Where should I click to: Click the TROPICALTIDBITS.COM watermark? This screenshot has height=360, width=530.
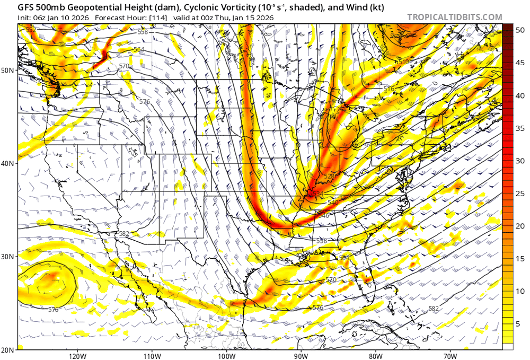coord(454,17)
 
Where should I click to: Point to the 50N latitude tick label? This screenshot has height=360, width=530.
coord(8,70)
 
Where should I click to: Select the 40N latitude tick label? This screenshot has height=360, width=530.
coord(8,163)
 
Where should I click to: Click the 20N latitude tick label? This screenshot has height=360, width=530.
coord(8,349)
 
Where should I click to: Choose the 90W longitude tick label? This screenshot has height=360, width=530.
coord(301,355)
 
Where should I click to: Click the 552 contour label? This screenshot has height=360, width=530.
coord(31,30)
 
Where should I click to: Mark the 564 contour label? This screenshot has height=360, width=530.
coord(139,49)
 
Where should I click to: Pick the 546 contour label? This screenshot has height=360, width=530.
coord(323,216)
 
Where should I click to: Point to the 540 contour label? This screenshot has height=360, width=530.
coord(333,203)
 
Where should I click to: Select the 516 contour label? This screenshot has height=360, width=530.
coord(389,89)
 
